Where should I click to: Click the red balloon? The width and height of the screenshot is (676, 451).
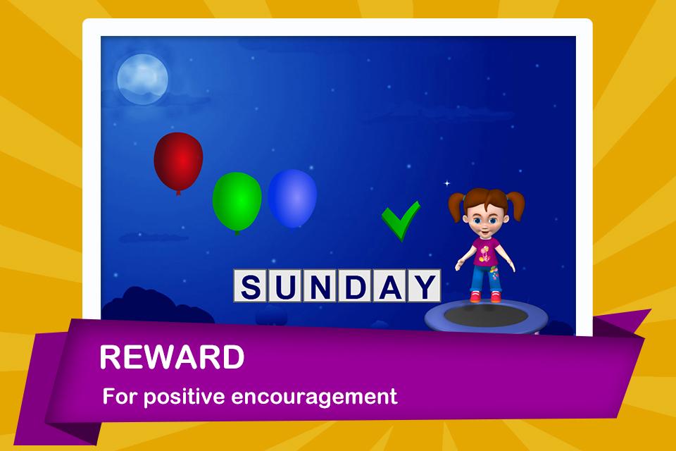click(178, 162)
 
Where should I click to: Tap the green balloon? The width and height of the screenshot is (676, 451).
click(237, 202)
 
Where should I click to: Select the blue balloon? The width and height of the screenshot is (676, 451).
click(292, 198)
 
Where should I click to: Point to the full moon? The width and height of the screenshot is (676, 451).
click(143, 79)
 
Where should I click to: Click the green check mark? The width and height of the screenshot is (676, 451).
click(401, 220)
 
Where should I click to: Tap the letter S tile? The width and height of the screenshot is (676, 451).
click(251, 285)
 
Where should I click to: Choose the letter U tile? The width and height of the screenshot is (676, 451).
click(285, 285)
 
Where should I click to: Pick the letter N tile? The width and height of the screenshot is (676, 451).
click(320, 285)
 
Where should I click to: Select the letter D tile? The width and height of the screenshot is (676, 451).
click(355, 285)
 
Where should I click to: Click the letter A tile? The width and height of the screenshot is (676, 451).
click(389, 285)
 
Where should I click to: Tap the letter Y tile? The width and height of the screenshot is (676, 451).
click(424, 285)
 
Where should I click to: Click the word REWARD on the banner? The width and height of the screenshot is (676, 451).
click(172, 357)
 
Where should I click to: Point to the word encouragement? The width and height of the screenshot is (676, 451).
click(314, 397)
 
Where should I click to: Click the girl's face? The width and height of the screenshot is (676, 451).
click(485, 219)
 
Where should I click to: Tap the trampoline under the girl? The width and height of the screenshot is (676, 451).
click(487, 317)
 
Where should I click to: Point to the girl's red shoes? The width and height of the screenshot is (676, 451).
click(485, 297)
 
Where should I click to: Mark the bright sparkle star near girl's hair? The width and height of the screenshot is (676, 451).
click(447, 183)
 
